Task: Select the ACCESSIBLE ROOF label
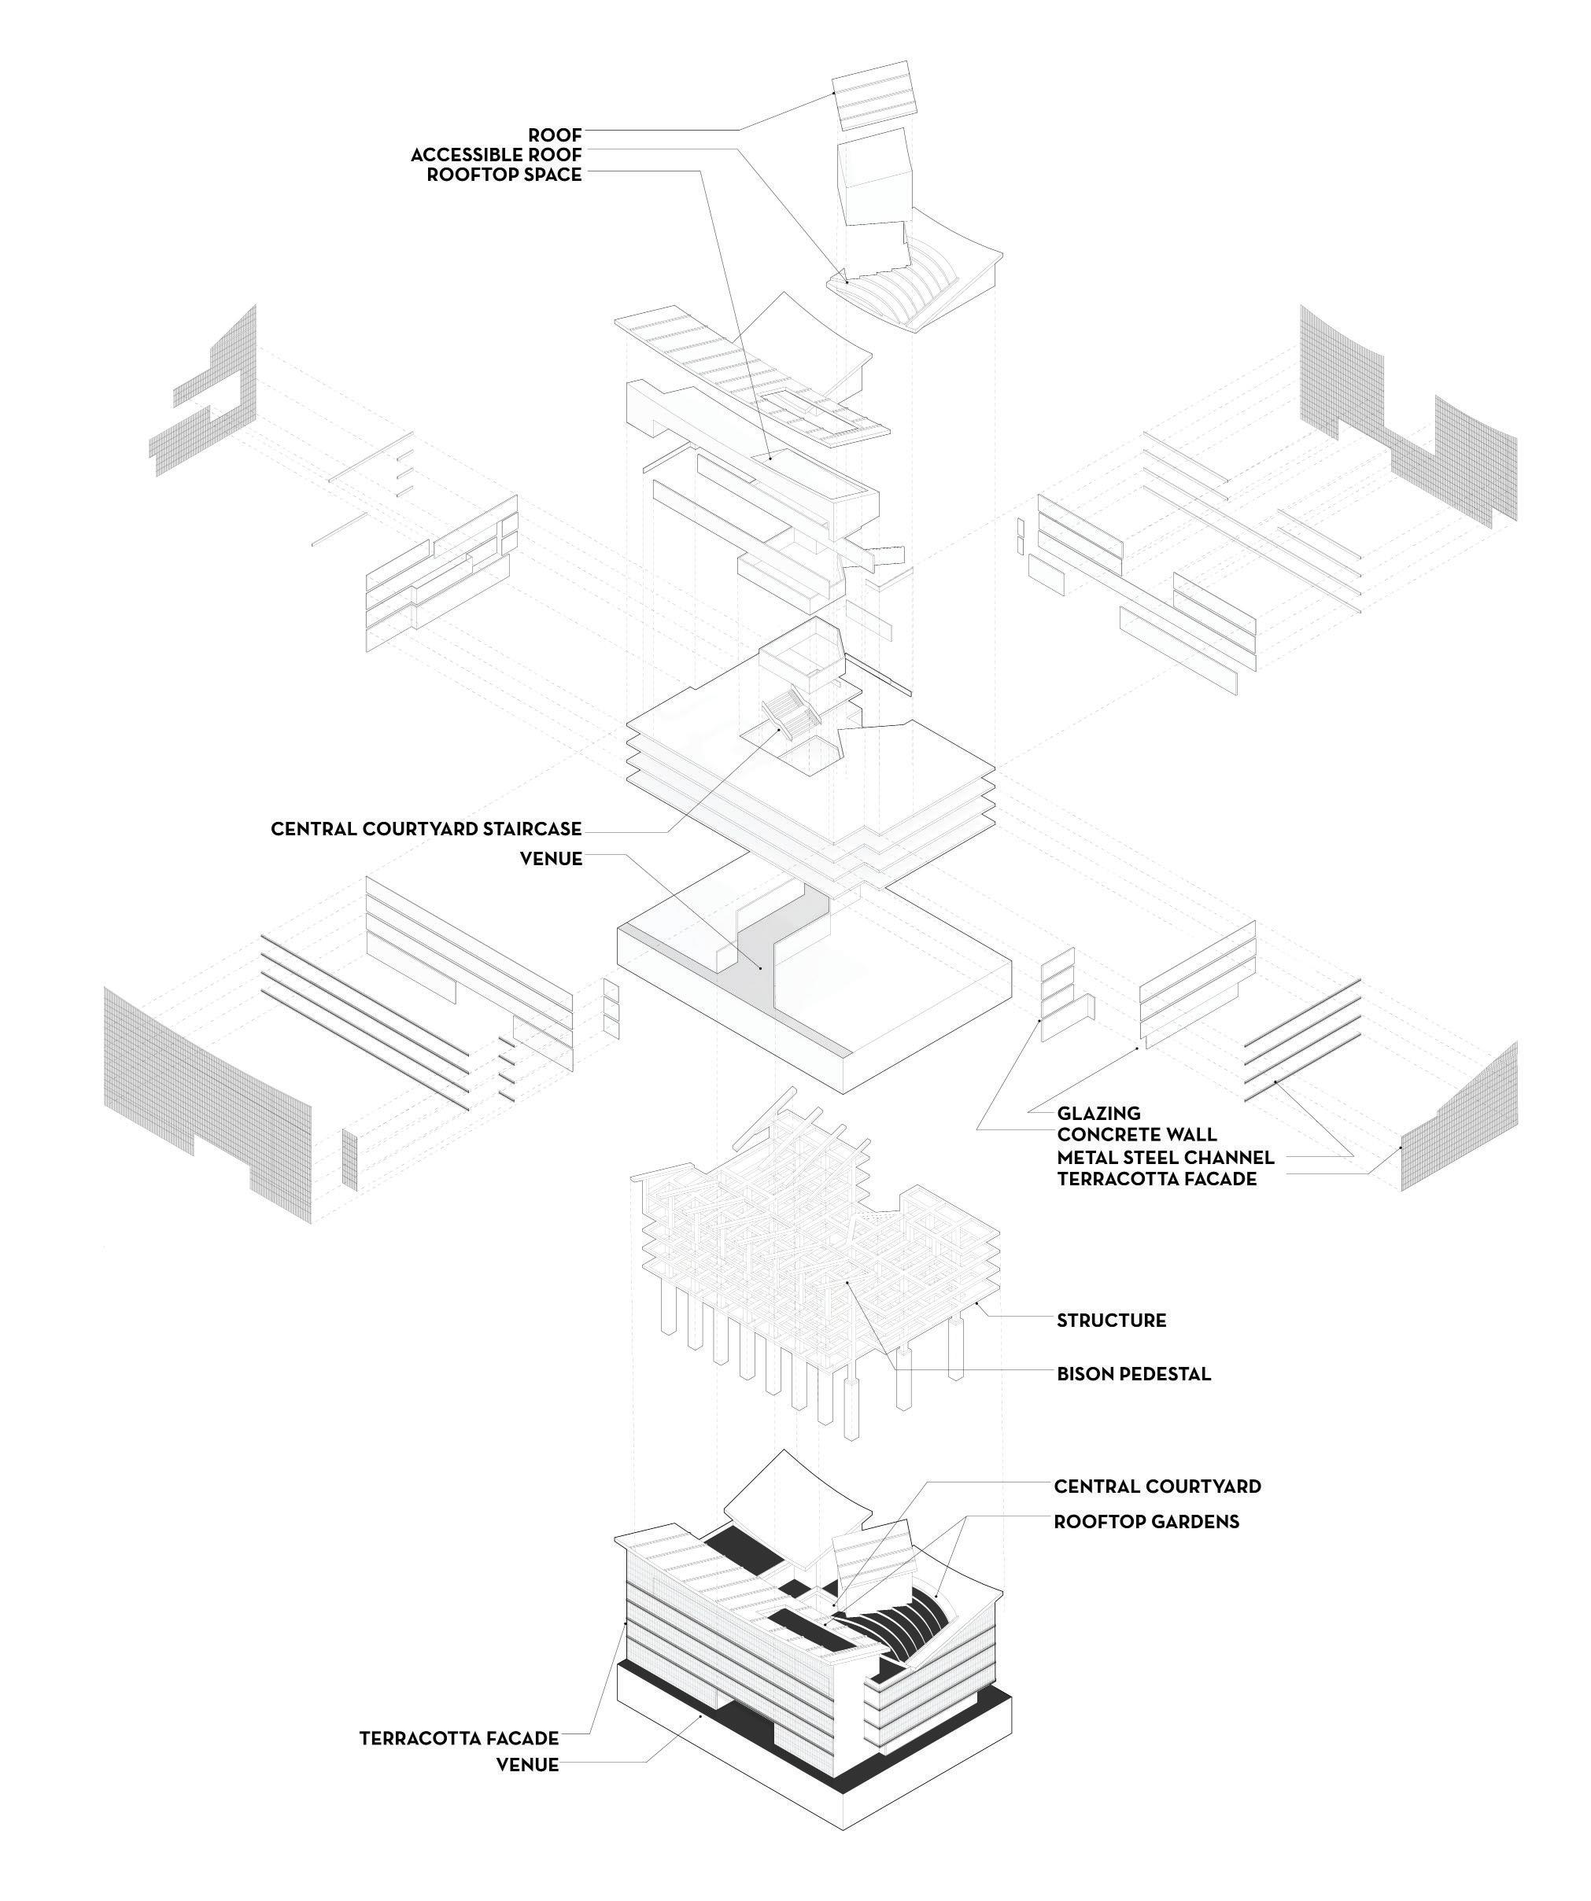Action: click(x=496, y=155)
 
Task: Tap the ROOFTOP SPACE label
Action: click(x=504, y=175)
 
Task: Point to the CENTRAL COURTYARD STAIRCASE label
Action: click(x=426, y=829)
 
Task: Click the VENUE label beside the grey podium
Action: click(x=551, y=858)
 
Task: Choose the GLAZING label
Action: click(x=1098, y=1114)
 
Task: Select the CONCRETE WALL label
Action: click(x=1136, y=1135)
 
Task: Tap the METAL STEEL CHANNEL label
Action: click(x=1165, y=1158)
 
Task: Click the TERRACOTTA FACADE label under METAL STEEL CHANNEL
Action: click(x=1157, y=1180)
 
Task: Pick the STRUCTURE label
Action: click(x=1111, y=1321)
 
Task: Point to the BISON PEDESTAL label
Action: click(x=1133, y=1374)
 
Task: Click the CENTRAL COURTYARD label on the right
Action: click(x=1157, y=1487)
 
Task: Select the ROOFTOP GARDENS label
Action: click(x=1146, y=1522)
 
